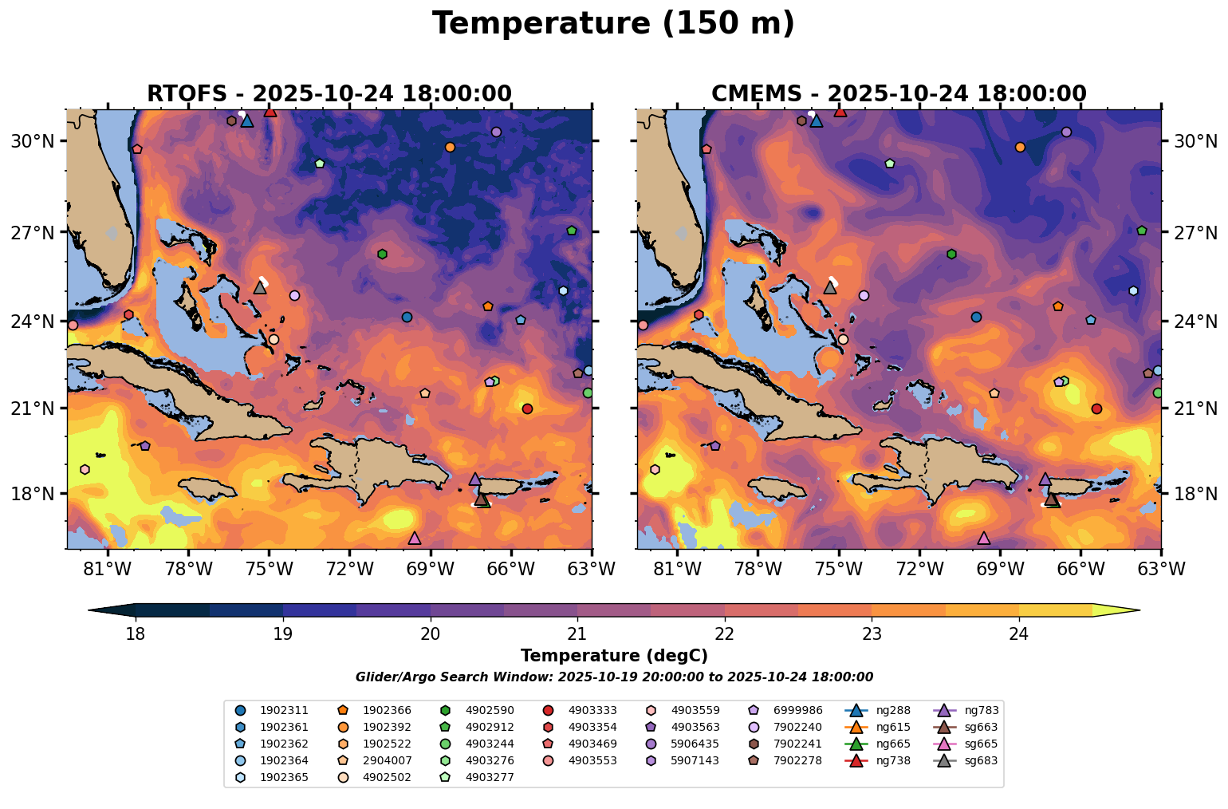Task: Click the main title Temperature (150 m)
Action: [613, 24]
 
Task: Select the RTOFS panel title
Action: [329, 93]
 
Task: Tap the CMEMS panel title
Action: [899, 93]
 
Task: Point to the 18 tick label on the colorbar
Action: [136, 634]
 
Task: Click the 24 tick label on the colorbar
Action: [1018, 634]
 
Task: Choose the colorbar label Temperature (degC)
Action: [614, 656]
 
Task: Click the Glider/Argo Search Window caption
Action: [614, 677]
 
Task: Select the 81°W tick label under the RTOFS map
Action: [108, 569]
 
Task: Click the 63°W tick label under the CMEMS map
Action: [1161, 569]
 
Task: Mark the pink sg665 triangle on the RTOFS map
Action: [414, 539]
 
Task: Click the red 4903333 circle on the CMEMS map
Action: [1096, 408]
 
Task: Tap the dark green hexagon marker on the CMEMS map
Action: [951, 254]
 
